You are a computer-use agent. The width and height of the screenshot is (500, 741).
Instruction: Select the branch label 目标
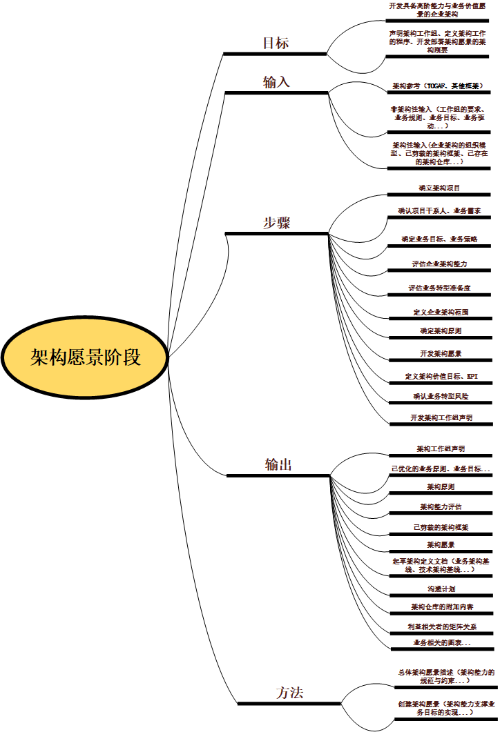pos(276,43)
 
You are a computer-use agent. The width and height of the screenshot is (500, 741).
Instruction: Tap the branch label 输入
pos(276,82)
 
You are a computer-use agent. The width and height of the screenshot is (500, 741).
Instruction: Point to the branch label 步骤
pos(276,223)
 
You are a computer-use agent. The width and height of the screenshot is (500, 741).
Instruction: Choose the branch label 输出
pos(278,465)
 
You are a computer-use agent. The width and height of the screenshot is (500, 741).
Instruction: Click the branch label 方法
pos(289,693)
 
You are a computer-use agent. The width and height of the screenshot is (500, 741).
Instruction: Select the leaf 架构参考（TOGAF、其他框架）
pos(438,86)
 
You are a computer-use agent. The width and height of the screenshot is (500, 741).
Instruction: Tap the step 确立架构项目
pos(439,188)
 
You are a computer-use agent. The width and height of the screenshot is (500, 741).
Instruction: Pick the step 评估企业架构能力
pos(439,264)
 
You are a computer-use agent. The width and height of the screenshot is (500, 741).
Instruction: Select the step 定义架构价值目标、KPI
pos(441,377)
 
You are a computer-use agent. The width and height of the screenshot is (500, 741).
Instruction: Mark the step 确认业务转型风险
pos(441,397)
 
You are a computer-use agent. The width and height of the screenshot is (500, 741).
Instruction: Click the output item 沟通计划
pos(441,589)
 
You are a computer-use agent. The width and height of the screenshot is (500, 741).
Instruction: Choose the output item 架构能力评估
pos(441,506)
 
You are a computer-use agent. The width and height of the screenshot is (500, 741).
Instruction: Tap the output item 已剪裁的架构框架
pos(441,527)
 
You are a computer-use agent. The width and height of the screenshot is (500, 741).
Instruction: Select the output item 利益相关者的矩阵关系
pos(441,626)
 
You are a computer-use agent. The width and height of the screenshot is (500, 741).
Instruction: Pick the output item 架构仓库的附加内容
pos(441,607)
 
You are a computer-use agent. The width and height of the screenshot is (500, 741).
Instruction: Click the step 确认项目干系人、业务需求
pos(439,210)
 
